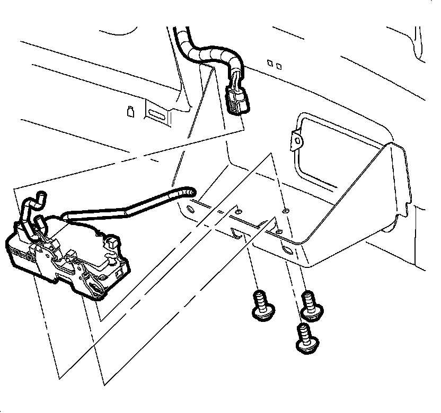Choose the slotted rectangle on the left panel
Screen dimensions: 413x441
coord(157,114)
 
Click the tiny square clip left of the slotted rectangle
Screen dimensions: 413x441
coord(129,111)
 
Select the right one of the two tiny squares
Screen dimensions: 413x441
coord(279,66)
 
